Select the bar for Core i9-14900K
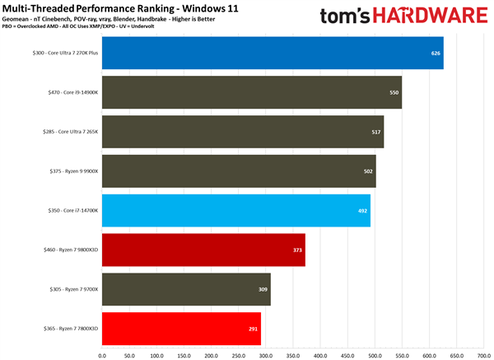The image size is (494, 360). tap(251, 92)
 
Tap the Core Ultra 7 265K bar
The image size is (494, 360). tap(242, 132)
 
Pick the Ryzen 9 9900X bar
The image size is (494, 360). tap(238, 171)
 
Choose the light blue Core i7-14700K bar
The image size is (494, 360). tap(235, 210)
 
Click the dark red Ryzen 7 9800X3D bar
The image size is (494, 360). tap(203, 250)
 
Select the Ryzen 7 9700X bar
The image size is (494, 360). tap(186, 289)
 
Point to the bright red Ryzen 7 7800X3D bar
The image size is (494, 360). tap(181, 328)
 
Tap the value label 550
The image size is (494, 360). tap(394, 92)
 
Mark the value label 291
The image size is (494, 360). tap(253, 328)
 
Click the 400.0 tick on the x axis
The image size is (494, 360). tap(319, 355)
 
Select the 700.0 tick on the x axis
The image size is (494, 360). tap(482, 355)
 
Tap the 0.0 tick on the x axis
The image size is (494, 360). tap(102, 355)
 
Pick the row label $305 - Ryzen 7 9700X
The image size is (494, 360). tap(72, 289)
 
